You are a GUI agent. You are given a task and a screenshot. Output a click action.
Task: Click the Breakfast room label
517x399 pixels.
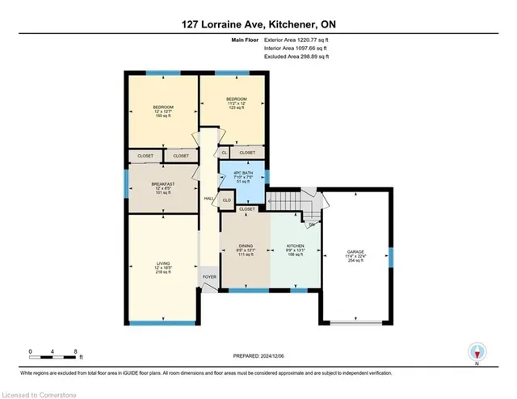tap(164, 188)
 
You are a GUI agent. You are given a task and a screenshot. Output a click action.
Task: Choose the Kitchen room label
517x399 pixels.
tap(295, 250)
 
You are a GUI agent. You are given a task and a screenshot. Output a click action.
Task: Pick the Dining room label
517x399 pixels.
tap(246, 250)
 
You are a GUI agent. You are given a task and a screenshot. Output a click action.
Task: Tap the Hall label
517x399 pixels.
tap(208, 198)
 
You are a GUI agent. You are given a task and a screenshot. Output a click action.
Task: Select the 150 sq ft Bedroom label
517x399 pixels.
tap(164, 111)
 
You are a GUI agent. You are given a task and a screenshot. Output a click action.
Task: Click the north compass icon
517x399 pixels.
tap(478, 353)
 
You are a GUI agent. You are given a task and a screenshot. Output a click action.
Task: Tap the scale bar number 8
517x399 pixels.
tap(75, 352)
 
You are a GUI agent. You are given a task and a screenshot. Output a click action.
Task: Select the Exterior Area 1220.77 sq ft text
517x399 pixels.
tap(297, 40)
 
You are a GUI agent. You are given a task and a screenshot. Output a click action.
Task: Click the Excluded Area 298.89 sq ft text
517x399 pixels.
tap(297, 57)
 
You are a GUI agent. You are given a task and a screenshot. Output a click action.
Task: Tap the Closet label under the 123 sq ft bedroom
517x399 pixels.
tap(247, 152)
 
